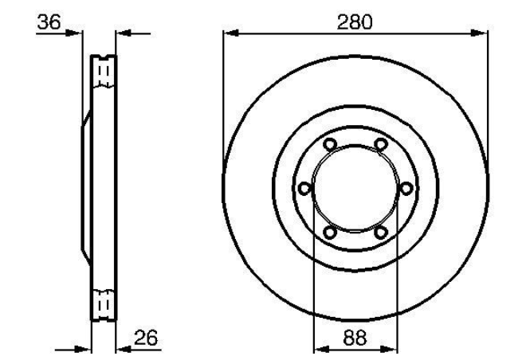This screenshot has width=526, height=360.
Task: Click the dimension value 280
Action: click(x=355, y=22)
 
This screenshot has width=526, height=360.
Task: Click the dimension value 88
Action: click(x=355, y=338)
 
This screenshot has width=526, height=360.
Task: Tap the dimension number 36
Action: click(x=49, y=22)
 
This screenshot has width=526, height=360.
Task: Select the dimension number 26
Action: click(x=146, y=338)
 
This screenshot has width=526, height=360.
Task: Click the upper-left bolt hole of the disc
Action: click(x=330, y=144)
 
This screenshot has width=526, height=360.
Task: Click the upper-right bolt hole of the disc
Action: click(x=380, y=144)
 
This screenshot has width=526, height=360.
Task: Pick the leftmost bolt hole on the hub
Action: click(x=305, y=189)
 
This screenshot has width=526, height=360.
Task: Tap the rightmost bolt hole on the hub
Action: click(x=406, y=189)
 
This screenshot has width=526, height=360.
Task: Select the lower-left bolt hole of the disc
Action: click(x=330, y=233)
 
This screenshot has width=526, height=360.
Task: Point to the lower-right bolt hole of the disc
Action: click(x=381, y=233)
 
